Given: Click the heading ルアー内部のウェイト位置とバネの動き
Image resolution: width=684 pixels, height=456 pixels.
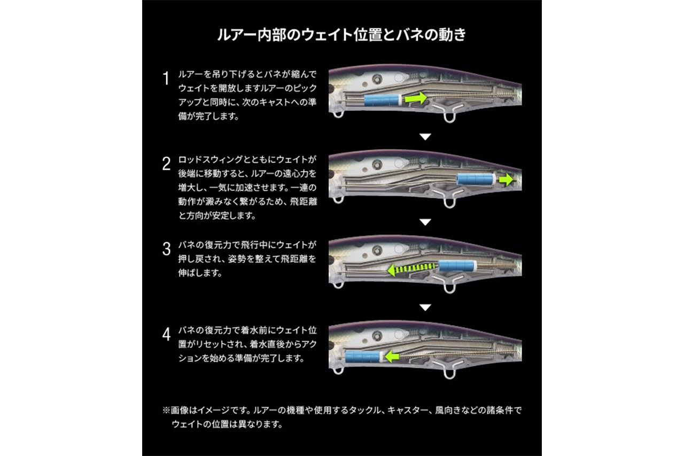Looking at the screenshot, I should coord(341,36).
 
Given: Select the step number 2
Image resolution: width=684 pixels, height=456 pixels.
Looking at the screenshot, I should coord(166,163).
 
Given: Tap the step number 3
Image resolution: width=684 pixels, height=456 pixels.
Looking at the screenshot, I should coord(166,249).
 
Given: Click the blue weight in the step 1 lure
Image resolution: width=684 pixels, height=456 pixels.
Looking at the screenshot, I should coord(382,99).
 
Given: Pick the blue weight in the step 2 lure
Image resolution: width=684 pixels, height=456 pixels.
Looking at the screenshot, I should coord(476,180).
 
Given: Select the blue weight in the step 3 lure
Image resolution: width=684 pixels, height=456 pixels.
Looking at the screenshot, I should coord(457,266).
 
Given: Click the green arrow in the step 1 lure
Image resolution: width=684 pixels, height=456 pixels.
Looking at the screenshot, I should coord(416,98).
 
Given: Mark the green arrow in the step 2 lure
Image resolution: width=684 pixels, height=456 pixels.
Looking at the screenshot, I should coord(506,180).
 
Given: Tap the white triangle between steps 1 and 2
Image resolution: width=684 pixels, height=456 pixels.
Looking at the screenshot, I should coord(425,137).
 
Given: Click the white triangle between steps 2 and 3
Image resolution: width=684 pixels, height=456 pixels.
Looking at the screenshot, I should coord(425,222).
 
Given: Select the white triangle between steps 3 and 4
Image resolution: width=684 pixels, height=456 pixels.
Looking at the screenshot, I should coord(425,307).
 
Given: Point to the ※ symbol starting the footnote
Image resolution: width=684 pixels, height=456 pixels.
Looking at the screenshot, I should coord(166,411).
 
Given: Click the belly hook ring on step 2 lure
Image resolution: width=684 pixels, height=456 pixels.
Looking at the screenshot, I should coord(449,203).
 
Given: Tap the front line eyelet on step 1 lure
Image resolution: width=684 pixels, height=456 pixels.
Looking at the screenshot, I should coord(337,114).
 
